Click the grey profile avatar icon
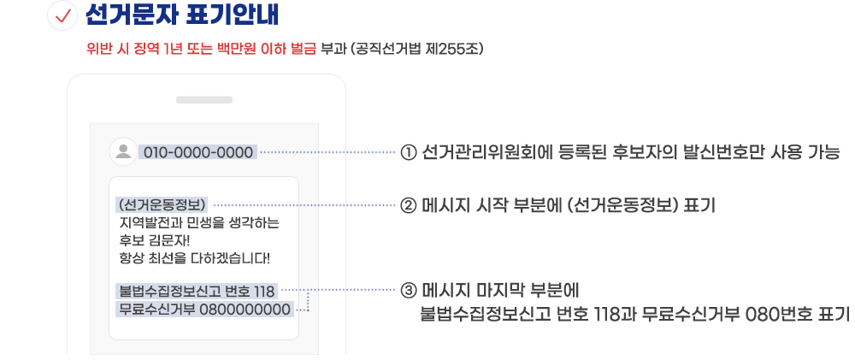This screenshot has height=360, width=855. point(124,152)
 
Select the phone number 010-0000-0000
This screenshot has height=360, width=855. point(198,153)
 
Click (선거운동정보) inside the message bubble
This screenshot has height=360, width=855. point(163,205)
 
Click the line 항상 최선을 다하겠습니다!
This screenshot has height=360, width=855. point(195,257)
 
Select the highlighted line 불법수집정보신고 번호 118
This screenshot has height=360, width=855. point(197,291)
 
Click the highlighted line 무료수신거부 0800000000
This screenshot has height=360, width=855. point(205,309)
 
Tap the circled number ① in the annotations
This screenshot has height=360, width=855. point(408,153)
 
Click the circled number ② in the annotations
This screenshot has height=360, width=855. point(408,205)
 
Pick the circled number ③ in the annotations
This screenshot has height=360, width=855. point(408,290)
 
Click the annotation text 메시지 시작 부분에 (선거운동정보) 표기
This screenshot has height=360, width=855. point(569,205)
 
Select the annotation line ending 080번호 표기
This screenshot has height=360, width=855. point(634,314)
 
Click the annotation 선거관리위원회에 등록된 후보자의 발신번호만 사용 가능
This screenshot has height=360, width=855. point(632,153)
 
